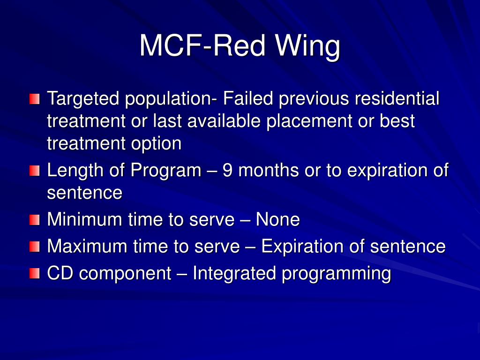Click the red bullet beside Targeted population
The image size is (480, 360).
click(34, 99)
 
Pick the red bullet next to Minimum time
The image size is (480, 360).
click(34, 220)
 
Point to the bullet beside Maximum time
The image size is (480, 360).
click(34, 247)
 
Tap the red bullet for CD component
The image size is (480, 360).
click(34, 274)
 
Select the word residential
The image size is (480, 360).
click(397, 99)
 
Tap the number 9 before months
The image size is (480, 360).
click(227, 170)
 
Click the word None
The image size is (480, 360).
click(277, 219)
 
